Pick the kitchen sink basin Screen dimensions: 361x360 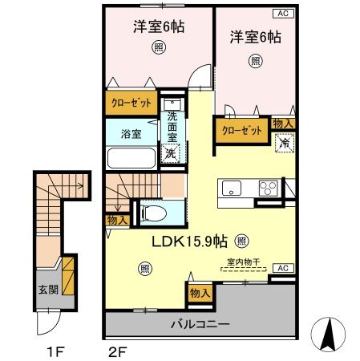point(233,189)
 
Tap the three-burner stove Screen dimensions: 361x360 point(267,189)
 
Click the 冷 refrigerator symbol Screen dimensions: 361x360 point(283,142)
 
